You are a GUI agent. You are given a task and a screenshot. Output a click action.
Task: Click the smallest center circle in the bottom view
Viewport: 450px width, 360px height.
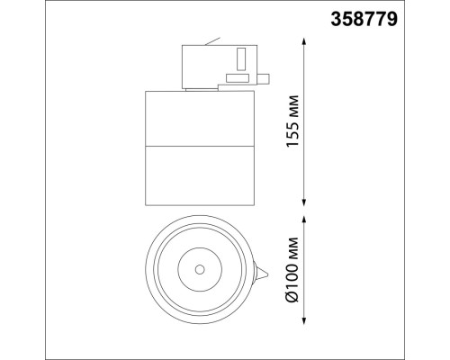(198, 269)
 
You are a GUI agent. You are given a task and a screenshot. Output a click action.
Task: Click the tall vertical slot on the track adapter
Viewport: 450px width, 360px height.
(241, 59)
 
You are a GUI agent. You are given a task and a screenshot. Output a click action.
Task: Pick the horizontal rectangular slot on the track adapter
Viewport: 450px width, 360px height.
(238, 79)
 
